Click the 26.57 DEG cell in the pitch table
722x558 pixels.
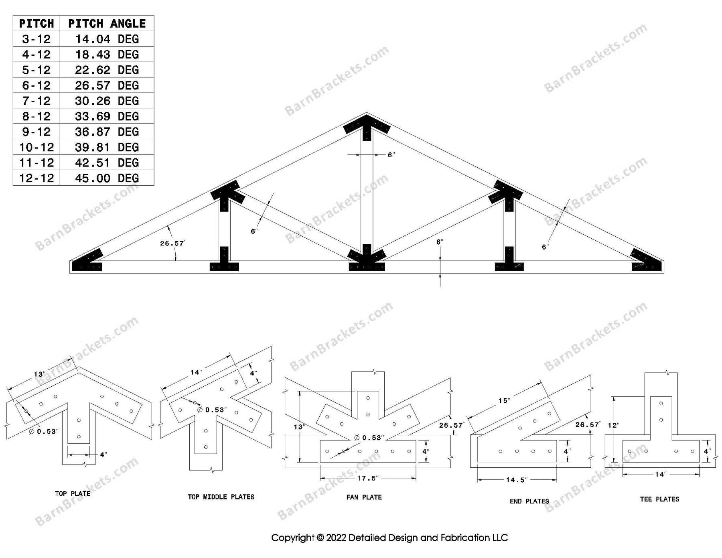107,85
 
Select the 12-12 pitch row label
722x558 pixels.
37,178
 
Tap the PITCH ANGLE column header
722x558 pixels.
107,24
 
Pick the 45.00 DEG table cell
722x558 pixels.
107,178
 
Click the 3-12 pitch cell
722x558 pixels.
37,39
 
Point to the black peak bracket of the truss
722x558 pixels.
367,126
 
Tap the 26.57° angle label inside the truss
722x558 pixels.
172,243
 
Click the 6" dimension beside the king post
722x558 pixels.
391,155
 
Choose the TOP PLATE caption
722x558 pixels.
73,493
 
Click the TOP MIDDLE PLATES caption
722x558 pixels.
221,497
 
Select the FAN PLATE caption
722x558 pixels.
364,497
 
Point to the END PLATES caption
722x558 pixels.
529,501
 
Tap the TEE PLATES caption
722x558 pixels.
659,499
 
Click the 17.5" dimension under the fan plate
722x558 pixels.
367,478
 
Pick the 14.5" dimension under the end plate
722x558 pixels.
516,480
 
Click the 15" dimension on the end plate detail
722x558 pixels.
504,400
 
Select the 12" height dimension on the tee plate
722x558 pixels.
614,425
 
